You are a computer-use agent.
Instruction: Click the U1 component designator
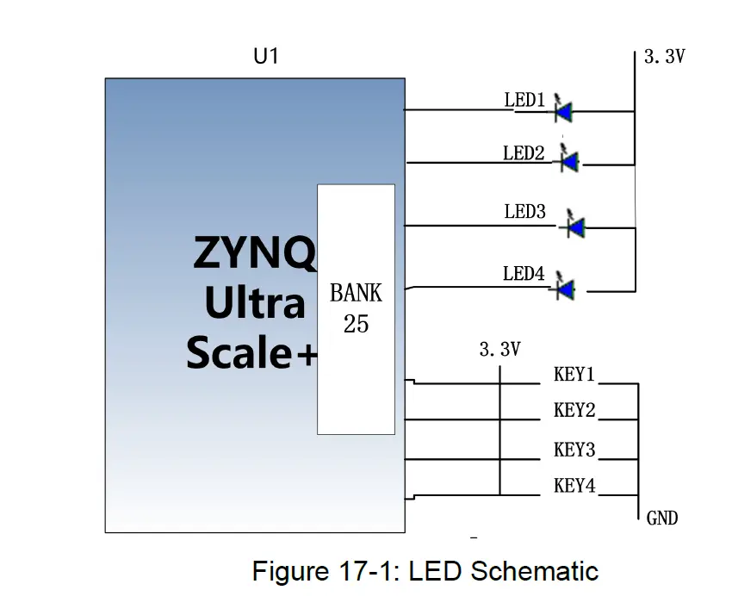264,58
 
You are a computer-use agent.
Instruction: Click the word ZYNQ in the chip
254,255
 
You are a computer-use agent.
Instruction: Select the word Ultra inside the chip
254,304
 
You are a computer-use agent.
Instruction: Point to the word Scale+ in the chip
251,352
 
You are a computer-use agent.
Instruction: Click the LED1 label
524,101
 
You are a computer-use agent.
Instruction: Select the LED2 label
524,153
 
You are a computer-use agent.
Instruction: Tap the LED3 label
524,212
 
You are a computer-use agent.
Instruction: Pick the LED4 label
524,274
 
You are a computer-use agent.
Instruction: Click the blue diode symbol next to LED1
565,110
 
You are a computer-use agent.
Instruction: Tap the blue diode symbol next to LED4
566,289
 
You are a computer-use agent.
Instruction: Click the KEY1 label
574,375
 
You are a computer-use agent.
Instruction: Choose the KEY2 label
574,411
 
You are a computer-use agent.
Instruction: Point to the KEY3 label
574,450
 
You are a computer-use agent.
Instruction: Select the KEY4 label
574,486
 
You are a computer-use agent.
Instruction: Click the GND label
661,518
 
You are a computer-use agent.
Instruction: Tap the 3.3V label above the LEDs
664,59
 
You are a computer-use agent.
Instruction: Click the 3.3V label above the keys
499,350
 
